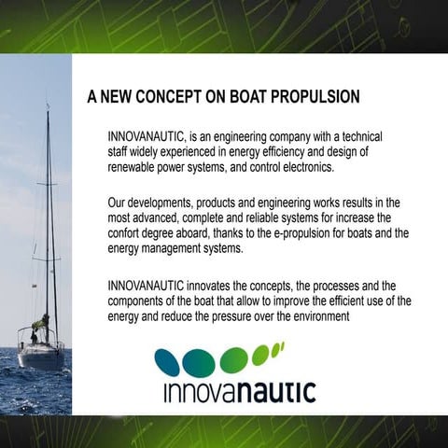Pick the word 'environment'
pos(313,316)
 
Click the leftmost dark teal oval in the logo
pos(167,362)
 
